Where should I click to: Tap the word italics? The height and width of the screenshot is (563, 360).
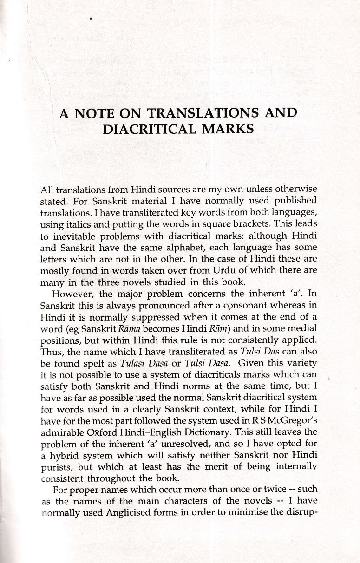pyautogui.click(x=76, y=225)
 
